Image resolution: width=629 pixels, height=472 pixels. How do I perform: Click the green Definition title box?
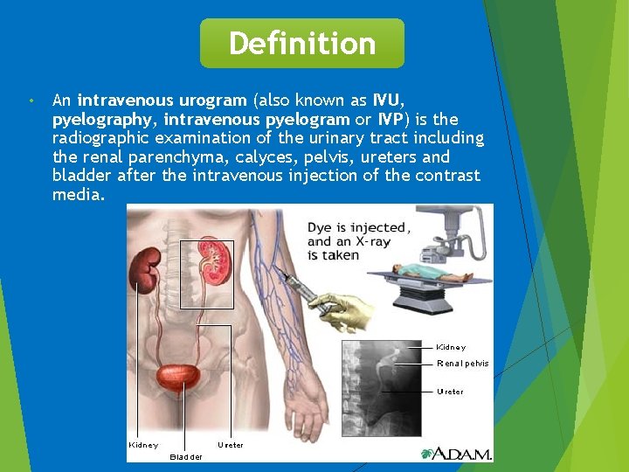pyautogui.click(x=302, y=43)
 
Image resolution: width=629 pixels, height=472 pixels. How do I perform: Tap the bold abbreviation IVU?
pyautogui.click(x=388, y=100)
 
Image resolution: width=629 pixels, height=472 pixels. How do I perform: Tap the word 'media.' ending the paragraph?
pyautogui.click(x=78, y=195)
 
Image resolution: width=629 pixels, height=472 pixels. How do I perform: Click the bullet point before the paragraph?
pyautogui.click(x=31, y=101)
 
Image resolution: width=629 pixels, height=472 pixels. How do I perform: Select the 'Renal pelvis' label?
pyautogui.click(x=462, y=364)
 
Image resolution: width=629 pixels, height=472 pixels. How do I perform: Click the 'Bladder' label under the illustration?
pyautogui.click(x=186, y=456)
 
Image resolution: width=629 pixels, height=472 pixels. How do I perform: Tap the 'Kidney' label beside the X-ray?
pyautogui.click(x=451, y=347)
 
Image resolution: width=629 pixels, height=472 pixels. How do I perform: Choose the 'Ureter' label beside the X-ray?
pyautogui.click(x=450, y=392)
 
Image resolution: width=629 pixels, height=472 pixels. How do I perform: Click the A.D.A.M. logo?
pyautogui.click(x=456, y=453)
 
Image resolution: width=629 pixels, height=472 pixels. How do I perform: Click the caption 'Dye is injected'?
pyautogui.click(x=356, y=227)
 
